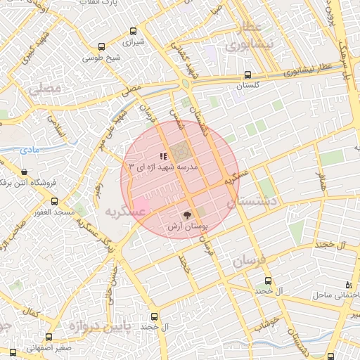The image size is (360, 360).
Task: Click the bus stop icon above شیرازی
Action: (133, 31)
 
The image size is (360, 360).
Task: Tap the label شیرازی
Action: (133, 42)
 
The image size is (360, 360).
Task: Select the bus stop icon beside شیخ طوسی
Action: (102, 47)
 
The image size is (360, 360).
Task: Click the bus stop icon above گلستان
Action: (247, 75)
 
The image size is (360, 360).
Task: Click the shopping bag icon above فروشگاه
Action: (25, 172)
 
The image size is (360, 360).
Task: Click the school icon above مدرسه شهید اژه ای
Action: (162, 156)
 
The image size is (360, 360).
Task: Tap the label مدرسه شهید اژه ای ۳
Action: (165, 167)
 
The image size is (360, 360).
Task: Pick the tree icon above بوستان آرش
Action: (187, 216)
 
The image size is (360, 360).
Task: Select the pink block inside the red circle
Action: (139, 207)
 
